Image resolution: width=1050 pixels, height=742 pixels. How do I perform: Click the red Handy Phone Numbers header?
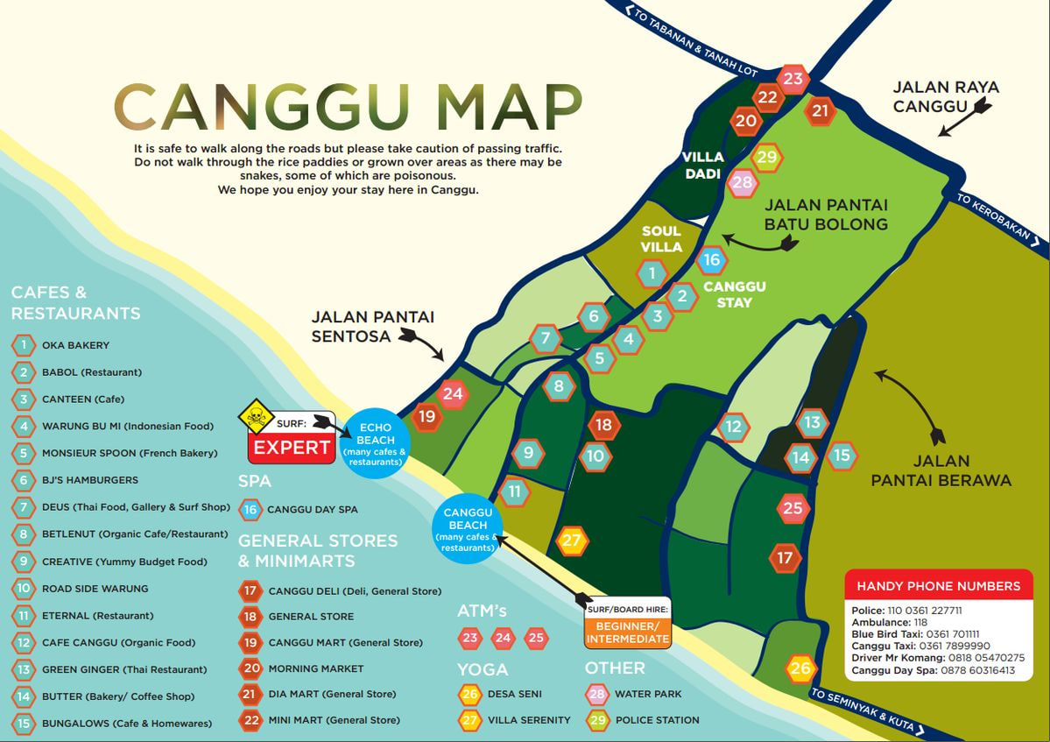[938, 586]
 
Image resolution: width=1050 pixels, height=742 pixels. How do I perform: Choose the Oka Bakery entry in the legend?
[75, 345]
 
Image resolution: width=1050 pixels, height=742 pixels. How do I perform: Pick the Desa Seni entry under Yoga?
[514, 694]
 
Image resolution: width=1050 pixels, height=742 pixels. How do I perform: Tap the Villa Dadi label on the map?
[703, 165]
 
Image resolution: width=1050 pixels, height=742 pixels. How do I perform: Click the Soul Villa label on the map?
[661, 239]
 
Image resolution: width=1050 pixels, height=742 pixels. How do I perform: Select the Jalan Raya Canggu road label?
[946, 96]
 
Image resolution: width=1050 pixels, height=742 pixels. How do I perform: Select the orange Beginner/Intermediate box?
[628, 632]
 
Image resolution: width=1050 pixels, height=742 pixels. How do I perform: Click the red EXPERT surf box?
[292, 448]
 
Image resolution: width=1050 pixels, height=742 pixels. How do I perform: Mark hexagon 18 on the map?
[603, 426]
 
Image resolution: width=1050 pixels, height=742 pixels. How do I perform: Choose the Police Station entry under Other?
[657, 720]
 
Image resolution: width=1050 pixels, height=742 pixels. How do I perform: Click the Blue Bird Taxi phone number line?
[914, 634]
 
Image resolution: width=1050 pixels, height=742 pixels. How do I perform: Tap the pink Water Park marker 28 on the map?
[742, 182]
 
